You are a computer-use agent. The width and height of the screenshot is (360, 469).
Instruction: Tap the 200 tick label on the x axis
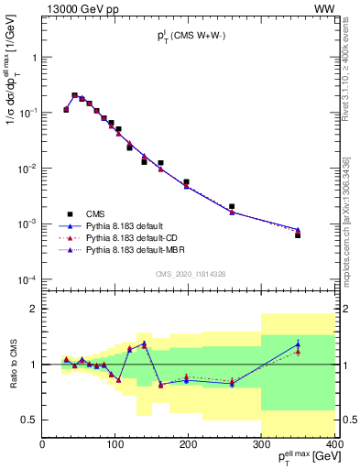coord(189,446)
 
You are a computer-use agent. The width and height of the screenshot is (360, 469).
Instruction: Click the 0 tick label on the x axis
coord(42,446)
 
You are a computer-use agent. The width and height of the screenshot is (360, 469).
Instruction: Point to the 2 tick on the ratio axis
coord(34,309)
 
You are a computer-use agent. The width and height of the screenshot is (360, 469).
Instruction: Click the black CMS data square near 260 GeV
coord(232,207)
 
